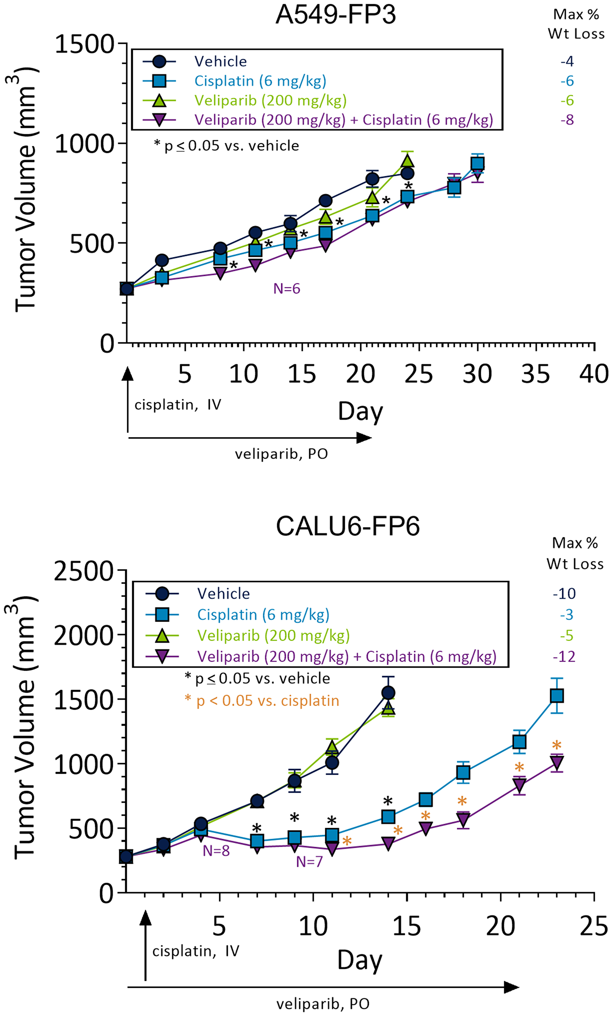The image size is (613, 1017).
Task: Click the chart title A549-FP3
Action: point(335,15)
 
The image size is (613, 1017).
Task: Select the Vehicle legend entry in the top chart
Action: point(220,62)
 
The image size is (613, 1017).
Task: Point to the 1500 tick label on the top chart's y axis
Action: point(85,44)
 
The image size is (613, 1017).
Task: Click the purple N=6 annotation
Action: point(287,289)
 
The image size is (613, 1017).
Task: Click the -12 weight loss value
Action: point(564,656)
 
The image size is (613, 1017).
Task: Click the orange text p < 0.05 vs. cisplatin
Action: point(267,701)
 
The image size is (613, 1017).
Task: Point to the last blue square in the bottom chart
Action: point(557,696)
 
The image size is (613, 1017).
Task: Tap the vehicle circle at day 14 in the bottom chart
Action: point(388,693)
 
